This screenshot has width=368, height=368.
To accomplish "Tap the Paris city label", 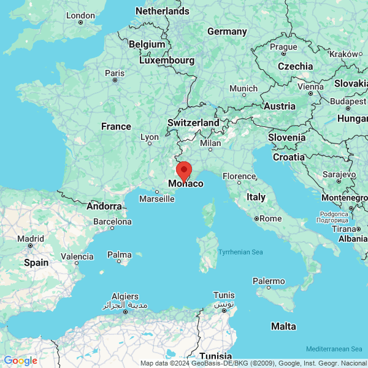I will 115,73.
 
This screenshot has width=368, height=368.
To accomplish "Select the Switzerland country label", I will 193,123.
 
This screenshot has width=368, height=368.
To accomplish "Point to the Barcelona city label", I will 113,221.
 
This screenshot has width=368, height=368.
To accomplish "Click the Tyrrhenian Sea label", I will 240,252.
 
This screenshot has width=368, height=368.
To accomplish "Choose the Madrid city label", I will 30,239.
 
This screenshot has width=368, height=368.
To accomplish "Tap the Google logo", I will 20,361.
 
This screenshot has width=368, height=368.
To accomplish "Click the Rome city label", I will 270,218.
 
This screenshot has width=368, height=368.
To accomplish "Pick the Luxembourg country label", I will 167,60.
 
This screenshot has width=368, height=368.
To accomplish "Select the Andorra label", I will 104,206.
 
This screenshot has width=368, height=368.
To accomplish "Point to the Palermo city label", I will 269,282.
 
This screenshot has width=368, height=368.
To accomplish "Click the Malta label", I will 283,326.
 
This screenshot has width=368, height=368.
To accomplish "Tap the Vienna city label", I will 310,86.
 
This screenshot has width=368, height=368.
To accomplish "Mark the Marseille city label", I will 156,199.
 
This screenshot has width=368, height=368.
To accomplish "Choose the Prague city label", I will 283,47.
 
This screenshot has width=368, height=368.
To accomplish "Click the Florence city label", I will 239,176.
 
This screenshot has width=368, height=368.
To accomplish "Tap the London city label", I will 80,15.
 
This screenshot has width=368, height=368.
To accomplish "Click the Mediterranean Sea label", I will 336,348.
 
